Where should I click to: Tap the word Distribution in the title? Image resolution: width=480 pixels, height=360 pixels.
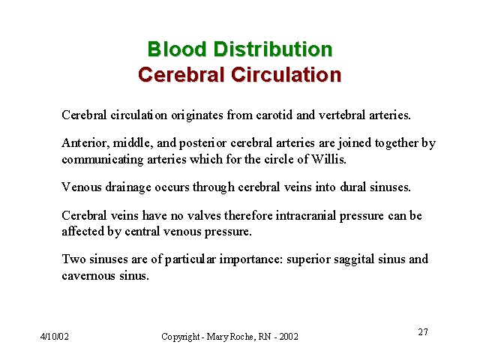[273, 49]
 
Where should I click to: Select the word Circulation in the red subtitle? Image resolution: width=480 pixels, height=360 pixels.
[286, 74]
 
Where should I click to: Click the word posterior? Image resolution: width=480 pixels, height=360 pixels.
[202, 143]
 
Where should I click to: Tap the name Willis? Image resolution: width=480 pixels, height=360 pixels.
[328, 159]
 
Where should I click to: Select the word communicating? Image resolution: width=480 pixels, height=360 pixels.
[103, 160]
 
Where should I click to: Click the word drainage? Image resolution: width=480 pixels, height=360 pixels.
[128, 187]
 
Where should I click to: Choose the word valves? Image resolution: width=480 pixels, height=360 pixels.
[204, 215]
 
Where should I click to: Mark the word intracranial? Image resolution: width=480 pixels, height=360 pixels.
[306, 215]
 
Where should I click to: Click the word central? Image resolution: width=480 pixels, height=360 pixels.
[142, 232]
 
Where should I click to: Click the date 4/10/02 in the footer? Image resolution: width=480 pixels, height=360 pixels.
[55, 337]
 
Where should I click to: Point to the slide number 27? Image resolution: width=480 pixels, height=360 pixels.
[423, 331]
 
